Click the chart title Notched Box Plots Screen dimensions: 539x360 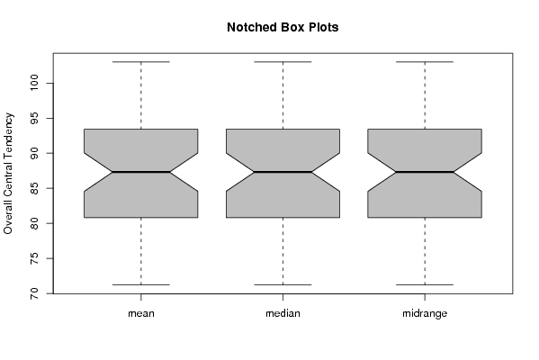pyautogui.click(x=283, y=27)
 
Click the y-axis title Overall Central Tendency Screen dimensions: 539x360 pyautogui.click(x=8, y=174)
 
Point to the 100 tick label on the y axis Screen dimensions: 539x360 pyautogui.click(x=34, y=83)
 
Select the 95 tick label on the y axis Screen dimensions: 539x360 pyautogui.click(x=34, y=118)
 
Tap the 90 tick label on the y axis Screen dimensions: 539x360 pyautogui.click(x=34, y=153)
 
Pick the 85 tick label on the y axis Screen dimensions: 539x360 pyautogui.click(x=34, y=188)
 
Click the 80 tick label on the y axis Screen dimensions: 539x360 pyautogui.click(x=34, y=223)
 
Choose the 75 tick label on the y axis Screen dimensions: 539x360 pyautogui.click(x=34, y=258)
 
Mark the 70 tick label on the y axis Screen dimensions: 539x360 pyautogui.click(x=34, y=293)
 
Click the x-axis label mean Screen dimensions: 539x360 pyautogui.click(x=141, y=313)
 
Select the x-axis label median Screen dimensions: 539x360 pyautogui.click(x=283, y=313)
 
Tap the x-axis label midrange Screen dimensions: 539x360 pyautogui.click(x=425, y=313)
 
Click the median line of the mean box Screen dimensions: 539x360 pyautogui.click(x=141, y=172)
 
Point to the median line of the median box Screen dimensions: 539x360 pyautogui.click(x=283, y=172)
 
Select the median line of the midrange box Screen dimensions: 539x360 pyautogui.click(x=425, y=172)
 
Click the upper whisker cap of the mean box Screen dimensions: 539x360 pyautogui.click(x=141, y=62)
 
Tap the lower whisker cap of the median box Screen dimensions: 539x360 pyautogui.click(x=283, y=284)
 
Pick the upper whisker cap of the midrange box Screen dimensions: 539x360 pyautogui.click(x=425, y=62)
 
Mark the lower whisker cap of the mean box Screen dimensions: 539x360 pyautogui.click(x=141, y=284)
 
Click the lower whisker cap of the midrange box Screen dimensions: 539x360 pyautogui.click(x=425, y=284)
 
